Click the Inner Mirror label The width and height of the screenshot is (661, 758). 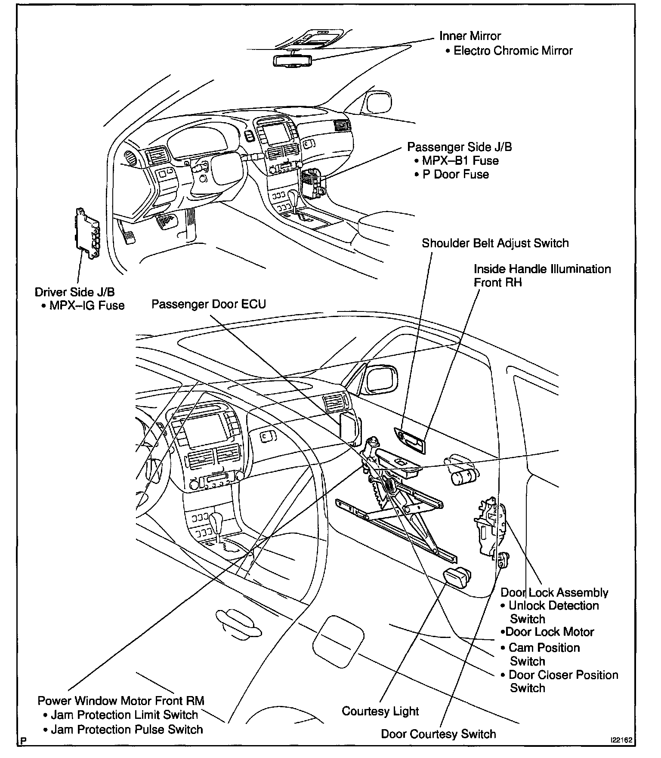point(470,36)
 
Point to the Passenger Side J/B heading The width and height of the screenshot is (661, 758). point(460,147)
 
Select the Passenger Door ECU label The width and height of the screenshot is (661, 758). point(209,304)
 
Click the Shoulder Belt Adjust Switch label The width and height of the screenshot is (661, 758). point(495,243)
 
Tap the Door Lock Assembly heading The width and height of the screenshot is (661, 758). point(554,592)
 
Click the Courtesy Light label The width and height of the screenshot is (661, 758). point(380,711)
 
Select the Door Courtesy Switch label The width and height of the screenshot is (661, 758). point(439,734)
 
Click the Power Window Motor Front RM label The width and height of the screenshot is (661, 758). point(121,701)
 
